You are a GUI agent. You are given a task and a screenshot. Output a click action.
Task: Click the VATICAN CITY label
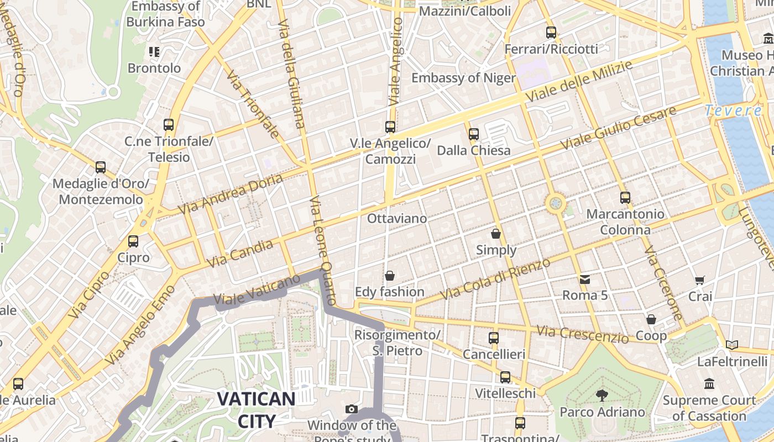pyautogui.click(x=255, y=409)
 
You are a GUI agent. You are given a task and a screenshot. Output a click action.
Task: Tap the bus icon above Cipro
pyautogui.click(x=133, y=241)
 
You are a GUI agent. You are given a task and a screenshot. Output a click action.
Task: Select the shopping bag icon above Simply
pyautogui.click(x=496, y=234)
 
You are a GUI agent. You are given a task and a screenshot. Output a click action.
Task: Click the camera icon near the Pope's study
pyautogui.click(x=351, y=409)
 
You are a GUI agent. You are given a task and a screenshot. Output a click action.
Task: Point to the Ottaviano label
pyautogui.click(x=397, y=219)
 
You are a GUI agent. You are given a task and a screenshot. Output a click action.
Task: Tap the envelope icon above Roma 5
pyautogui.click(x=585, y=280)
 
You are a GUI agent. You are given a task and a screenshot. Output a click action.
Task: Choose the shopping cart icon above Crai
pyautogui.click(x=700, y=280)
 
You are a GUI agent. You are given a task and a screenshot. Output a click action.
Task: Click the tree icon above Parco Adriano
pyautogui.click(x=602, y=395)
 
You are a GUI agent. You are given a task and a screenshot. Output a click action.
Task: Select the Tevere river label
pyautogui.click(x=733, y=110)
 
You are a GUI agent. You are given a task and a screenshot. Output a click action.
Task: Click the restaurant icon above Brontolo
pyautogui.click(x=154, y=52)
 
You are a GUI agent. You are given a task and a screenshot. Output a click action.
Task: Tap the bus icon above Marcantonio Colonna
pyautogui.click(x=625, y=197)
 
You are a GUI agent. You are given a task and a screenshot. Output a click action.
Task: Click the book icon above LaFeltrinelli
pyautogui.click(x=732, y=345)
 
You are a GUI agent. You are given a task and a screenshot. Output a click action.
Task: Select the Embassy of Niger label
pyautogui.click(x=463, y=78)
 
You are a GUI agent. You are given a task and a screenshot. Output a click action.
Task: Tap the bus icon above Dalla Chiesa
pyautogui.click(x=473, y=134)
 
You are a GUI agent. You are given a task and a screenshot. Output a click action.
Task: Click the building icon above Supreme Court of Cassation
pyautogui.click(x=709, y=383)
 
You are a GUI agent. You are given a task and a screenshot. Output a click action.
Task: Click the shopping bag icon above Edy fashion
pyautogui.click(x=390, y=275)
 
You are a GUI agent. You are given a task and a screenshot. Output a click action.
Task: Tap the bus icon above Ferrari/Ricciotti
pyautogui.click(x=551, y=32)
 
